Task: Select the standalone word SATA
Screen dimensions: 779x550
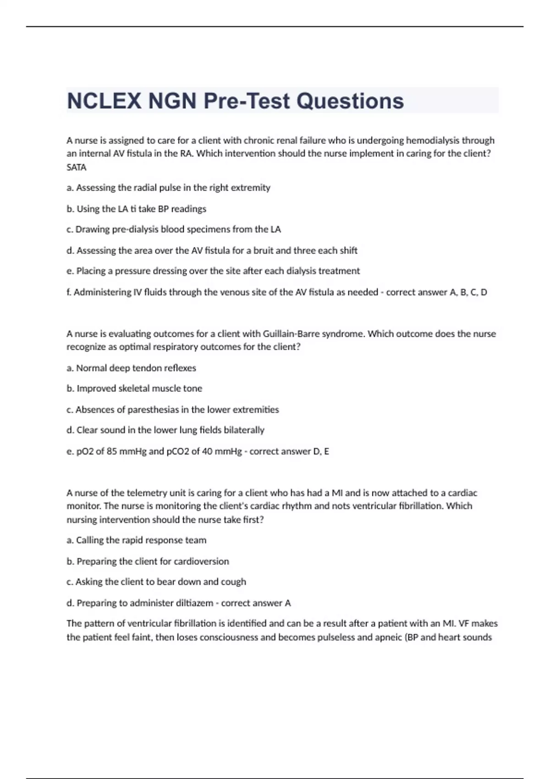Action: pyautogui.click(x=77, y=167)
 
